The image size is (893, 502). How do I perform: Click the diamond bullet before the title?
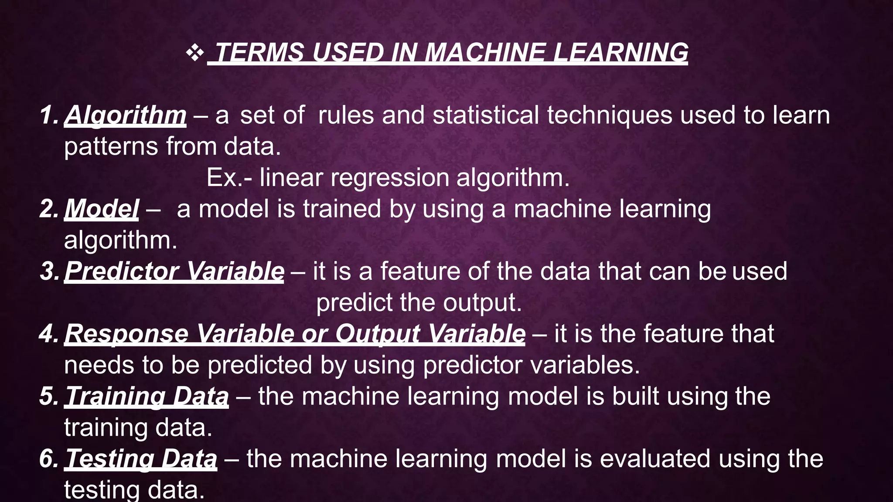(194, 53)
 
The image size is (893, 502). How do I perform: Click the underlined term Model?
(102, 209)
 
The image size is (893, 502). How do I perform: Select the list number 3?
(48, 271)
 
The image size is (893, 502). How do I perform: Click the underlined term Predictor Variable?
(174, 271)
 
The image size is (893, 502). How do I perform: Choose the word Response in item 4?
(126, 334)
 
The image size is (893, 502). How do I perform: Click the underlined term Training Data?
(147, 396)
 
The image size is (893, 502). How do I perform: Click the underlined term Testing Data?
(141, 459)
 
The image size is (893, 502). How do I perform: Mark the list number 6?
(48, 459)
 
